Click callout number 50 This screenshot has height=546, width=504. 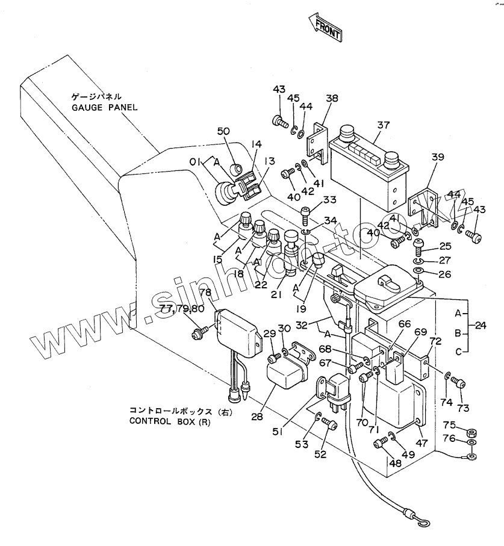tap(223, 131)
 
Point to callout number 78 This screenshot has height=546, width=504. tap(205, 293)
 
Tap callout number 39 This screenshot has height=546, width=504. tap(438, 157)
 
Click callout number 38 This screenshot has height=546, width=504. tap(332, 98)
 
